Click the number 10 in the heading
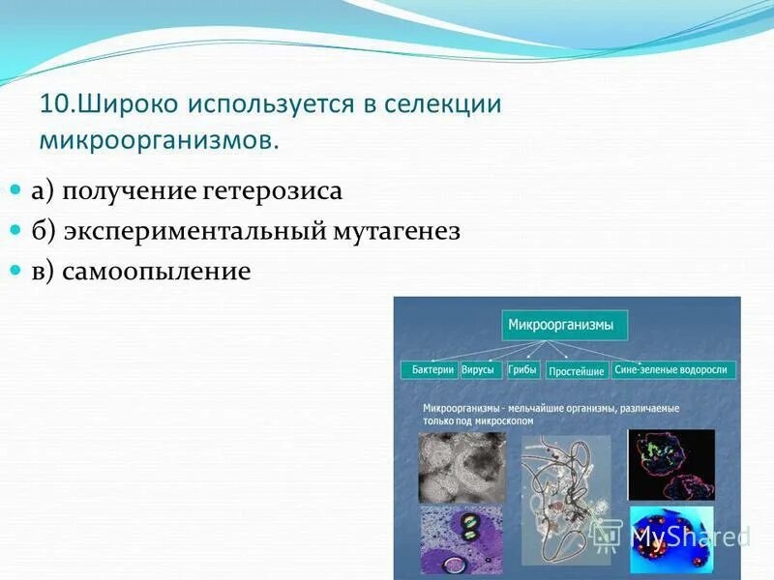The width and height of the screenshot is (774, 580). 55,103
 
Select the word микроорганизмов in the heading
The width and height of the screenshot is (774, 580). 158,139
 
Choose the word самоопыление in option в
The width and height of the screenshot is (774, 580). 156,272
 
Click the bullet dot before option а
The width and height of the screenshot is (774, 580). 15,191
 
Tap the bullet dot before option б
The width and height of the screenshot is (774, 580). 15,232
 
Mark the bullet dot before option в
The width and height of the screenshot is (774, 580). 15,273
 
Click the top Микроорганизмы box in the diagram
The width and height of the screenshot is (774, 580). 564,325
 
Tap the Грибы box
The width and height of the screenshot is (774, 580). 522,370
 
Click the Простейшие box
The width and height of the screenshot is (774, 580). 576,371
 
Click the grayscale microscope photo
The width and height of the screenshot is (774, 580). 461,467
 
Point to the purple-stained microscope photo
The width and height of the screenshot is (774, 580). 461,541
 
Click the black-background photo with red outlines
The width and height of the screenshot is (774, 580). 670,464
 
